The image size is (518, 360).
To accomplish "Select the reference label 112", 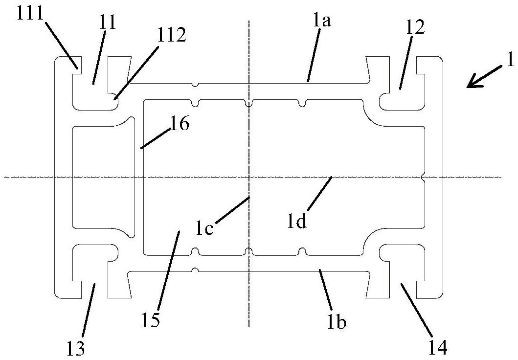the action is [x=172, y=35].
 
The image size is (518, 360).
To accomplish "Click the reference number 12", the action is [x=415, y=28].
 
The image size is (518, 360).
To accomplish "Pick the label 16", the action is [x=179, y=124].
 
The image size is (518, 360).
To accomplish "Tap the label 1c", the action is [x=204, y=228].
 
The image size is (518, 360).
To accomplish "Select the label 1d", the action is [x=297, y=222].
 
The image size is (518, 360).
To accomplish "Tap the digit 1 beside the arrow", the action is [x=510, y=61].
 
